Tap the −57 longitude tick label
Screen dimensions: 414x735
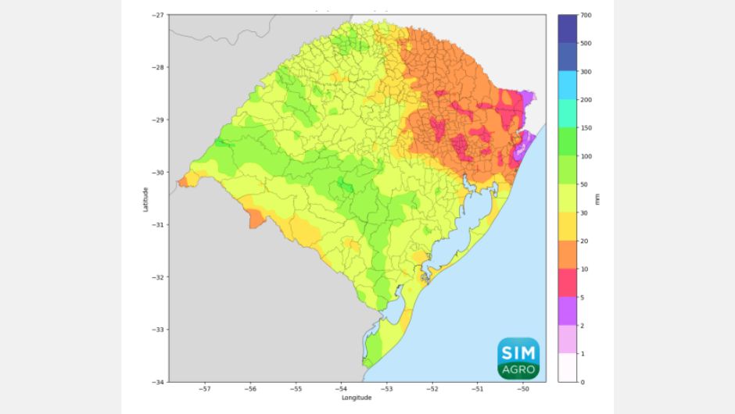205,388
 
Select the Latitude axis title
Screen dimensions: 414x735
145,198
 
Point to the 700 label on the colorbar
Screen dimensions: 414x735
586,15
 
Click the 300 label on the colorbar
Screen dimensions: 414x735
586,72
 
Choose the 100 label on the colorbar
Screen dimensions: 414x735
586,156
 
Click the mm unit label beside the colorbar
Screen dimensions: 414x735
598,198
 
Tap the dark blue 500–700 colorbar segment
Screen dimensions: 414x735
568,29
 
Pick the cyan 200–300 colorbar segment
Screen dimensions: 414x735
568,86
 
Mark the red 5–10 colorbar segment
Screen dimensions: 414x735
568,283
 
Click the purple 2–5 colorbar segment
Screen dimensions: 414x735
568,311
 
